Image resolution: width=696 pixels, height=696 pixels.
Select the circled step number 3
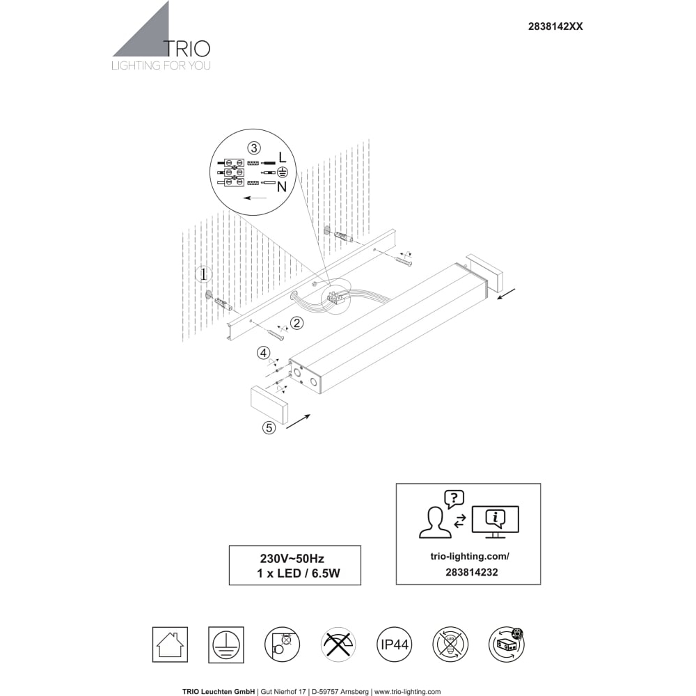coord(254,148)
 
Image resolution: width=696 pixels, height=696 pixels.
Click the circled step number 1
coord(204,274)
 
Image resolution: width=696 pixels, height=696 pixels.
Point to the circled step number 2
coord(297,323)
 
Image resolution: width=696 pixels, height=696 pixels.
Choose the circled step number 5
coord(269,428)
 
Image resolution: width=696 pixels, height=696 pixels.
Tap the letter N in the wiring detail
coord(282,187)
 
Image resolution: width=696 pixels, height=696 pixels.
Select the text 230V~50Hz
coord(292,558)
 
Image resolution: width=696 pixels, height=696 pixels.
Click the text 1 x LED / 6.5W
coord(297,574)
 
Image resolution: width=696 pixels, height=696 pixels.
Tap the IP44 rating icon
coord(393,645)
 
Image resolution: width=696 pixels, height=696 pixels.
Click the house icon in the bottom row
coord(170,645)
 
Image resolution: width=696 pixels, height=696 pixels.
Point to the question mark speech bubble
coord(453,498)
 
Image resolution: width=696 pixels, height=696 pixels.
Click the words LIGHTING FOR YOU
coord(161,66)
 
